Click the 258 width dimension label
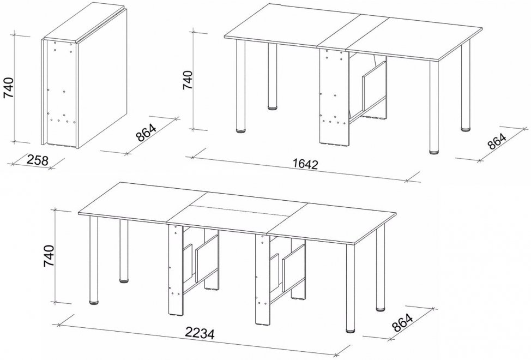(x=37, y=160)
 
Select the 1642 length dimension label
(x=306, y=164)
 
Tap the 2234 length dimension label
(x=200, y=334)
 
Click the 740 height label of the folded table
(x=8, y=88)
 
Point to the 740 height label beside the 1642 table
(x=188, y=80)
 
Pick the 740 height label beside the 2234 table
(x=49, y=256)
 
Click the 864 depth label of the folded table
(x=146, y=133)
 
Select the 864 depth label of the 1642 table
(x=497, y=141)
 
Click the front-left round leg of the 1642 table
(x=241, y=86)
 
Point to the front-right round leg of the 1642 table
(x=434, y=107)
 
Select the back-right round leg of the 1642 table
(x=466, y=86)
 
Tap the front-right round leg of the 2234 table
(x=351, y=287)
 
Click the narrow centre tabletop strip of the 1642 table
(x=353, y=33)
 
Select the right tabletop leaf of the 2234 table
(x=331, y=223)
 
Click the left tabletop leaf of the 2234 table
(x=142, y=202)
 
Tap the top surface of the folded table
(x=84, y=23)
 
